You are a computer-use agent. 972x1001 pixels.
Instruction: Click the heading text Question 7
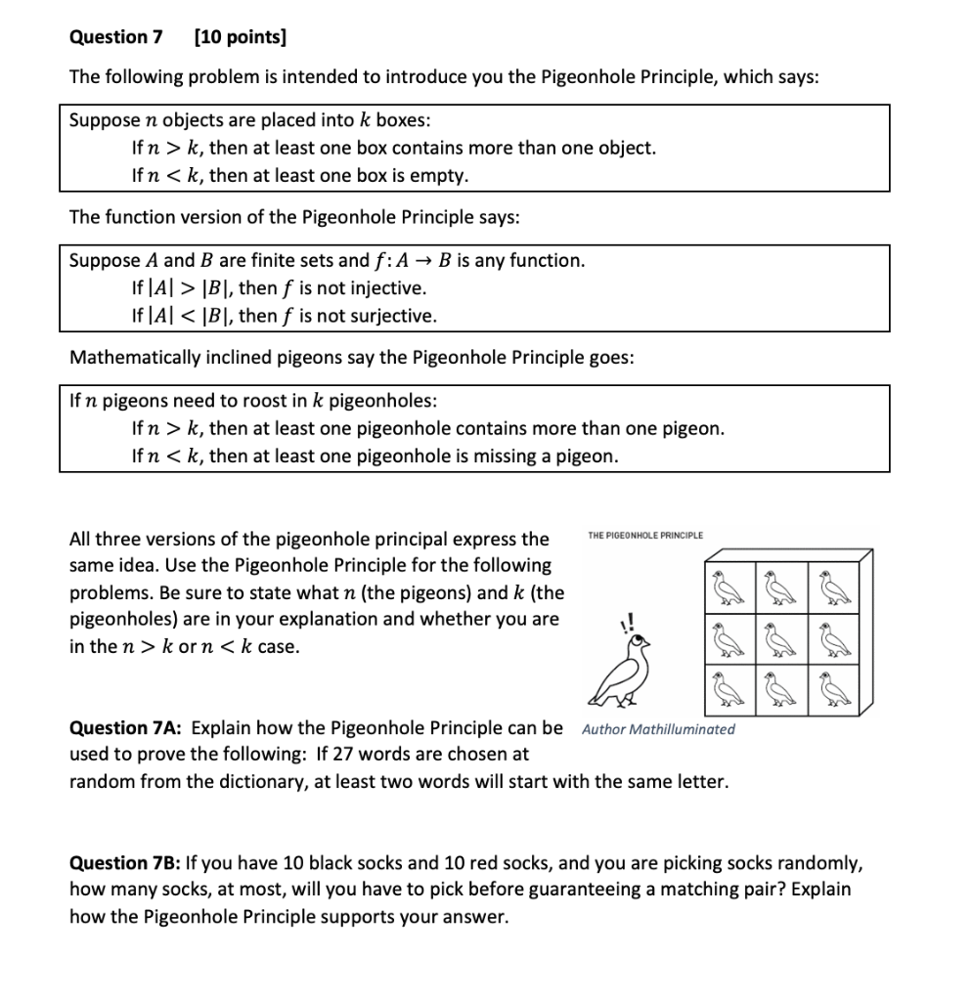coord(115,37)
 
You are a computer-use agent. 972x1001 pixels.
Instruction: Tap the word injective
coord(379,288)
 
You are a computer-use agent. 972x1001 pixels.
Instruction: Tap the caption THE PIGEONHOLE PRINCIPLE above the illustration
coord(644,535)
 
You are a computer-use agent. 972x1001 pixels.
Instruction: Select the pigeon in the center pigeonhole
coord(779,635)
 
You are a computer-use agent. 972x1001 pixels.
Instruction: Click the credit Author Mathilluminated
coord(657,729)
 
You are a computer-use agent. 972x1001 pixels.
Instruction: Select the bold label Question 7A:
coord(126,727)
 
